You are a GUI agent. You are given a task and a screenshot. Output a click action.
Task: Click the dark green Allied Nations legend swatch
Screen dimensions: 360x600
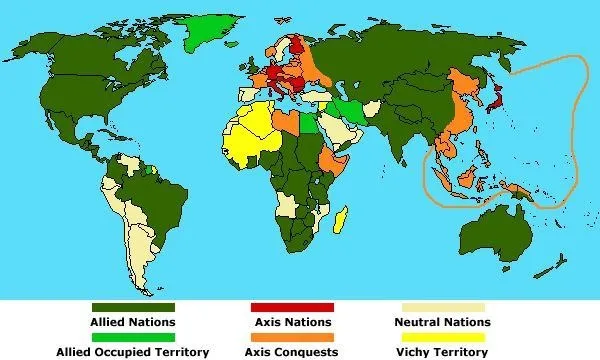[133, 307]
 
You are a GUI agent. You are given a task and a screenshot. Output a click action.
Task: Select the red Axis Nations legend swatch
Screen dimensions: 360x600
[292, 307]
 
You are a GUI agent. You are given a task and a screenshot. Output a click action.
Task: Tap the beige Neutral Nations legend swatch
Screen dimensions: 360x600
[443, 307]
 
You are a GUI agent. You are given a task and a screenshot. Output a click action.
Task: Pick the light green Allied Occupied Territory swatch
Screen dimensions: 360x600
[133, 337]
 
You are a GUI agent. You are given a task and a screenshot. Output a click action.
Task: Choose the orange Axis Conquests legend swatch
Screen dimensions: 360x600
[292, 337]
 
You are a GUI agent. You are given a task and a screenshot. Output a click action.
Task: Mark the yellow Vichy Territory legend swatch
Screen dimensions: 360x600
[443, 337]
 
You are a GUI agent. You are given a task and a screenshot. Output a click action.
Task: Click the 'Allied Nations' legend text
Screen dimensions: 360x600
[133, 322]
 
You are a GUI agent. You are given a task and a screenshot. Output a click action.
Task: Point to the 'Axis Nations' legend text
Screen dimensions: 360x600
[292, 322]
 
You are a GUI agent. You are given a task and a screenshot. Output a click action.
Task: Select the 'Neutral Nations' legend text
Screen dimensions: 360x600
[443, 322]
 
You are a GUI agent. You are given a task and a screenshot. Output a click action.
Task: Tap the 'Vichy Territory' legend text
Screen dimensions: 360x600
[443, 352]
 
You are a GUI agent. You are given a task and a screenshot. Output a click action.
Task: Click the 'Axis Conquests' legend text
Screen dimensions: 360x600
[292, 352]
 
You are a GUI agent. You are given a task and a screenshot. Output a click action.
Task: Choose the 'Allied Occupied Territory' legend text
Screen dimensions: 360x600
[133, 352]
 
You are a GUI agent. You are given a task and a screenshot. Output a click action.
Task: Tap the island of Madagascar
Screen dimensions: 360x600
[343, 217]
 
